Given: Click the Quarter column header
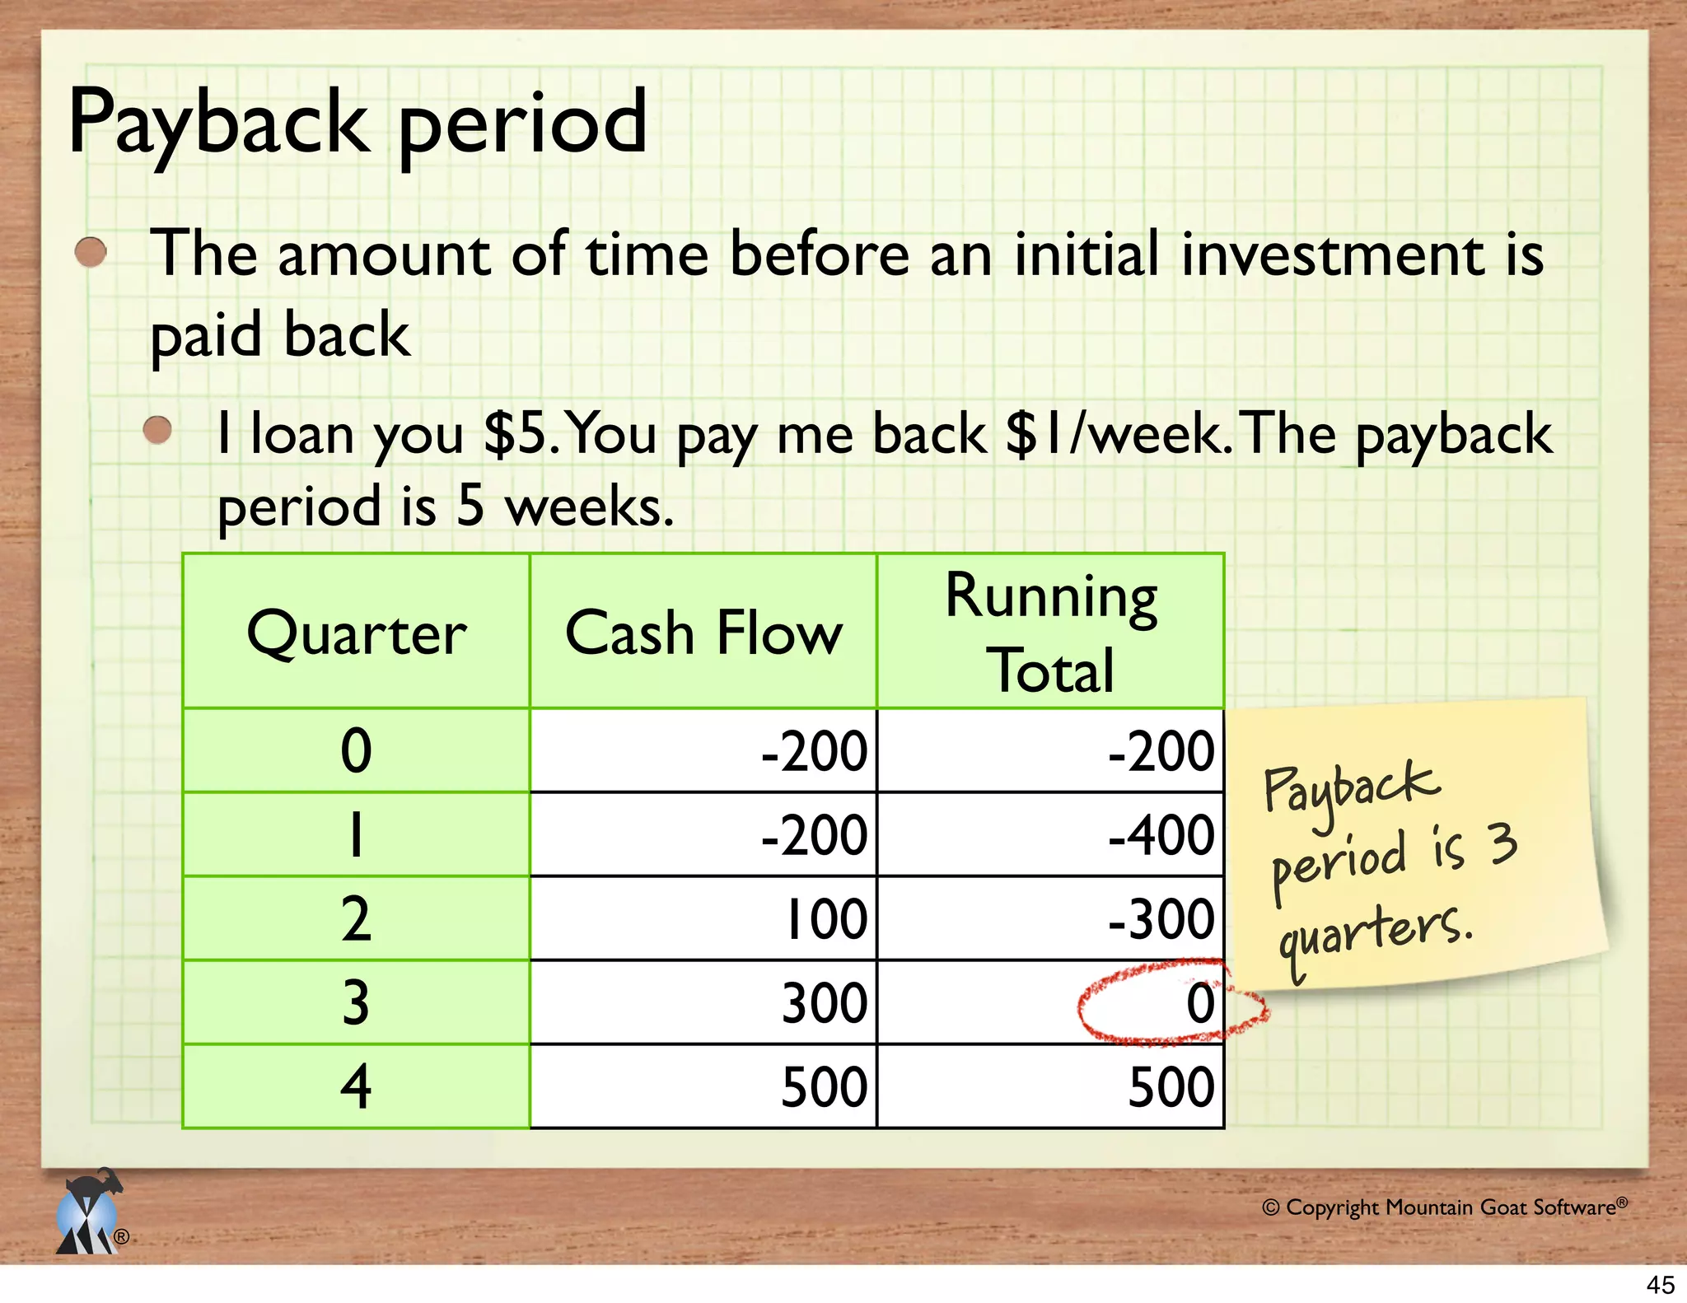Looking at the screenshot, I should click(x=356, y=633).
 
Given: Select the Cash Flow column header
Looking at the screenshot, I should click(x=703, y=633).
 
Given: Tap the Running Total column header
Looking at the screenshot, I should click(x=1051, y=633).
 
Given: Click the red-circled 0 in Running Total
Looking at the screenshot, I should click(x=1199, y=1003).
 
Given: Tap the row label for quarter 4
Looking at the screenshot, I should click(x=356, y=1087).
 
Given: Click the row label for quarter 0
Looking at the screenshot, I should click(x=356, y=751).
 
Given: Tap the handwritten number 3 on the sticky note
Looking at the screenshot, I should click(x=1502, y=844).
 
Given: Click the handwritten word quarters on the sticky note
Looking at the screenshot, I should click(x=1374, y=935).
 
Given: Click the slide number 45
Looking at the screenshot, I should click(x=1660, y=1284).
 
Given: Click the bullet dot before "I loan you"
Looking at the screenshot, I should click(x=157, y=430).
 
